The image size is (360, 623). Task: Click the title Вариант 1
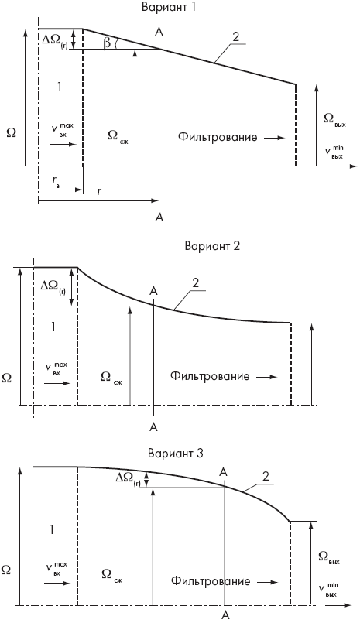(169, 8)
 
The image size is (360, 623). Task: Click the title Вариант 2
(212, 245)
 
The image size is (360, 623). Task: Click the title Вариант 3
(175, 454)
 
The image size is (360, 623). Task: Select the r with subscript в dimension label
(56, 181)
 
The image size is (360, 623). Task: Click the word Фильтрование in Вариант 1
(218, 137)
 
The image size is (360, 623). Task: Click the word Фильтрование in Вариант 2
(210, 376)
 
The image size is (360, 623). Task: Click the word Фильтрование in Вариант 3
(211, 581)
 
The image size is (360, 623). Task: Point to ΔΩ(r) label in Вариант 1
(55, 41)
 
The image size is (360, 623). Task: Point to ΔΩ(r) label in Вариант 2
(53, 287)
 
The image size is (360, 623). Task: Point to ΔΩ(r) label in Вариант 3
(128, 479)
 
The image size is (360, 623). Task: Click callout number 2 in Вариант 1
(235, 36)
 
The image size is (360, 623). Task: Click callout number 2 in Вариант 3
(266, 476)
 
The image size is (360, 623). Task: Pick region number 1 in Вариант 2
(53, 327)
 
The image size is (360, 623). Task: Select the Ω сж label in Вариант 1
(118, 136)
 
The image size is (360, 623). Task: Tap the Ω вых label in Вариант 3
(329, 557)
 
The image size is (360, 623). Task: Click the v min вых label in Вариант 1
(334, 152)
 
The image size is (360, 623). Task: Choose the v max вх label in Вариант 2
(56, 368)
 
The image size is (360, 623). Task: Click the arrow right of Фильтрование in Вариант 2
(266, 377)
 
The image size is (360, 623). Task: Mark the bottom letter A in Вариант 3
(225, 615)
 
